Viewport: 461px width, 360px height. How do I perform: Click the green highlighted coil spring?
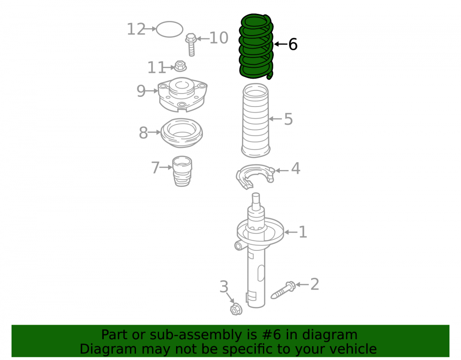point(256,47)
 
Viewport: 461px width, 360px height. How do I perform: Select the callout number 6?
point(293,44)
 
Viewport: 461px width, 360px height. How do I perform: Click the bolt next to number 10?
point(191,44)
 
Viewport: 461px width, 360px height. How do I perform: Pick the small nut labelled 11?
point(180,66)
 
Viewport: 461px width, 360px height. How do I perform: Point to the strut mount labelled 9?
point(182,94)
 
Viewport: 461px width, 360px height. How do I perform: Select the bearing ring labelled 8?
point(182,133)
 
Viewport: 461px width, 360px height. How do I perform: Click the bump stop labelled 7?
point(182,171)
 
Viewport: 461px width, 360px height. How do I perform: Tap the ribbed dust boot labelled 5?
point(255,120)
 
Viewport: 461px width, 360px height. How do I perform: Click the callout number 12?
point(136,29)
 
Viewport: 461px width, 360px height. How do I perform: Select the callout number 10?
point(219,38)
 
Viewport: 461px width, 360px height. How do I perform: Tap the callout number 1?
point(303,232)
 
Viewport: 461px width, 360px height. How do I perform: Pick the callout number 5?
point(288,119)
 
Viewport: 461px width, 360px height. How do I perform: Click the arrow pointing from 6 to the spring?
point(281,44)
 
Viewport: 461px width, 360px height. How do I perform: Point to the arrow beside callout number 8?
point(154,133)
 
